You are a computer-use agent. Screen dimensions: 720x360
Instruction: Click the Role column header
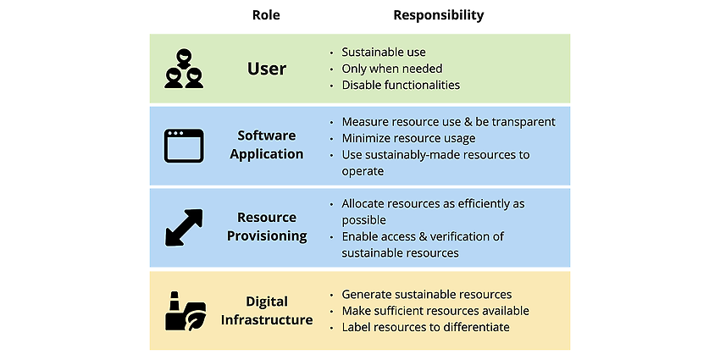pyautogui.click(x=266, y=15)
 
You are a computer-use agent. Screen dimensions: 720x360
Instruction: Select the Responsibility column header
pyautogui.click(x=439, y=15)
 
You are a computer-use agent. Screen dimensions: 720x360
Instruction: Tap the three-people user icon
pyautogui.click(x=184, y=69)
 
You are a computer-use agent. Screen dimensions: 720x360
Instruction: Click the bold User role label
pyautogui.click(x=267, y=69)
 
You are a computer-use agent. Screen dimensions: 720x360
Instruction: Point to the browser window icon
pyautogui.click(x=184, y=145)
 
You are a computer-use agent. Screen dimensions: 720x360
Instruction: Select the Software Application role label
pyautogui.click(x=267, y=145)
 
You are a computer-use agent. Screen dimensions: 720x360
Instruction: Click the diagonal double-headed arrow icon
pyautogui.click(x=183, y=227)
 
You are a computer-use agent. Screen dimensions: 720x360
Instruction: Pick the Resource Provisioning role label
pyautogui.click(x=267, y=226)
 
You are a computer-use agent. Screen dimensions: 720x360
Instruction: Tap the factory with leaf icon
pyautogui.click(x=186, y=310)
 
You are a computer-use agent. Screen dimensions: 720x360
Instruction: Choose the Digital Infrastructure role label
pyautogui.click(x=267, y=310)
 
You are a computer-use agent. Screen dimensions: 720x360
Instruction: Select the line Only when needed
pyautogui.click(x=392, y=69)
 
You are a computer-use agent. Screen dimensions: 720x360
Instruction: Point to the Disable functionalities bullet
pyautogui.click(x=401, y=85)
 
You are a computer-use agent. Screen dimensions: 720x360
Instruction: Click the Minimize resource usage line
pyautogui.click(x=408, y=138)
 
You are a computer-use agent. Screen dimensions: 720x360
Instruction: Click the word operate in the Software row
pyautogui.click(x=363, y=172)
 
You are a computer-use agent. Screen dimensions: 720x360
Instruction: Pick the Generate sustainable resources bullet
pyautogui.click(x=427, y=294)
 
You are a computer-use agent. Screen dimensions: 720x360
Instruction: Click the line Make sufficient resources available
pyautogui.click(x=435, y=311)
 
